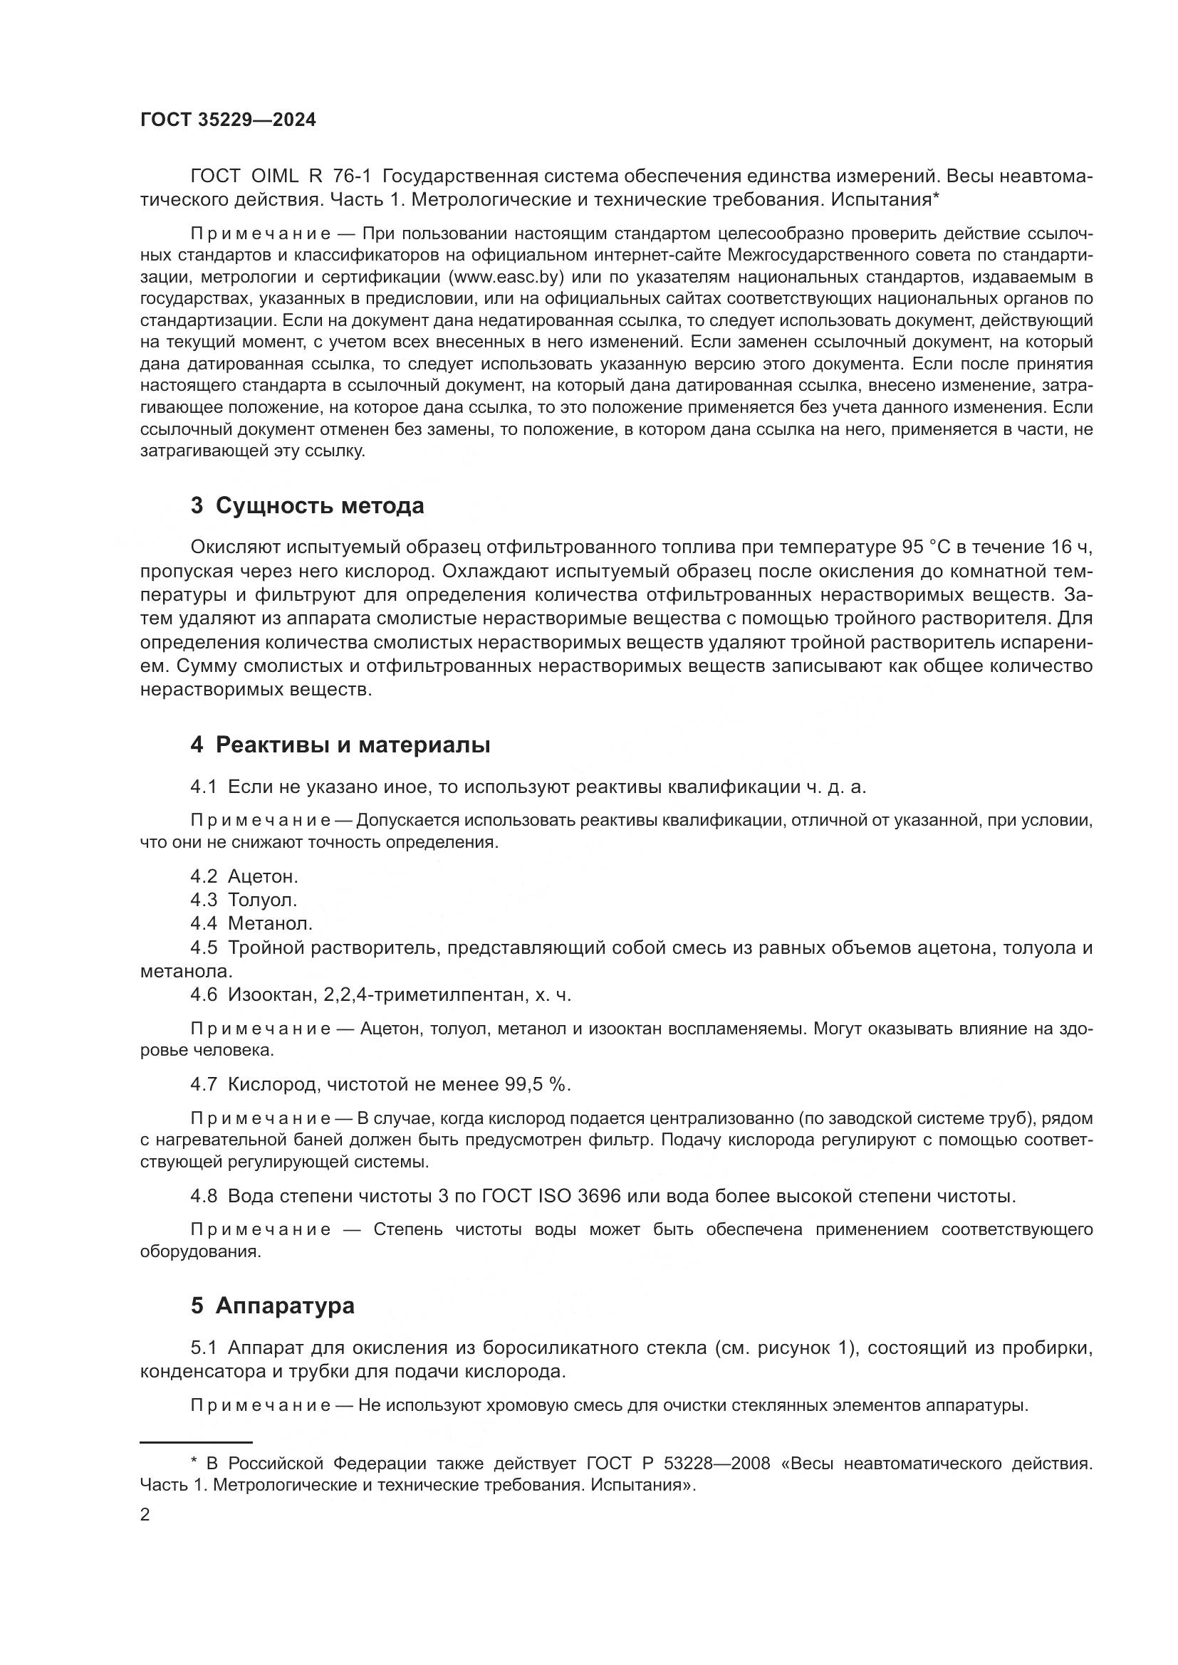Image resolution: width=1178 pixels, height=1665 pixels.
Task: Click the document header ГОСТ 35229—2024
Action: coord(228,120)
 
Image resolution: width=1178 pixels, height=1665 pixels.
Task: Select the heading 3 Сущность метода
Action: coord(307,505)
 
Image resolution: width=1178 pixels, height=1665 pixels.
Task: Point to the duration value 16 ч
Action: coord(1070,547)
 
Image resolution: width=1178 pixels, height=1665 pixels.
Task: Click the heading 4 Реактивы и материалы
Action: coord(340,745)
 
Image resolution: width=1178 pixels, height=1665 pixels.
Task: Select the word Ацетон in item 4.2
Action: coord(263,876)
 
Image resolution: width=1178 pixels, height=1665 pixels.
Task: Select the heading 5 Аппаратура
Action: coord(272,1306)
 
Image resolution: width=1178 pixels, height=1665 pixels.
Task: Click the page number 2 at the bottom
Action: coord(145,1515)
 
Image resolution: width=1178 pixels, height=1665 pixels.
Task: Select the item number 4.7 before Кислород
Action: coord(204,1084)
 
